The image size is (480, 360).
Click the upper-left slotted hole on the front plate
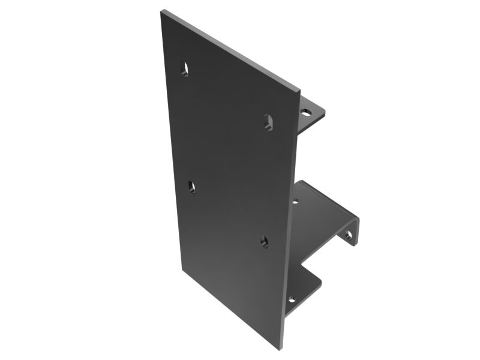185,68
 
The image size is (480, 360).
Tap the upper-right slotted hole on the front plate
268,122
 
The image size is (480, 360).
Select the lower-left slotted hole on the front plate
192,187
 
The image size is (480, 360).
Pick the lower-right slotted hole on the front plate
264,241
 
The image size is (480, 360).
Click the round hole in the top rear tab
306,112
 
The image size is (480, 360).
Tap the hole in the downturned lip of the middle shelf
348,235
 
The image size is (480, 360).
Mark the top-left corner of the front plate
162,10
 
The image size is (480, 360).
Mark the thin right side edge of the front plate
292,222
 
